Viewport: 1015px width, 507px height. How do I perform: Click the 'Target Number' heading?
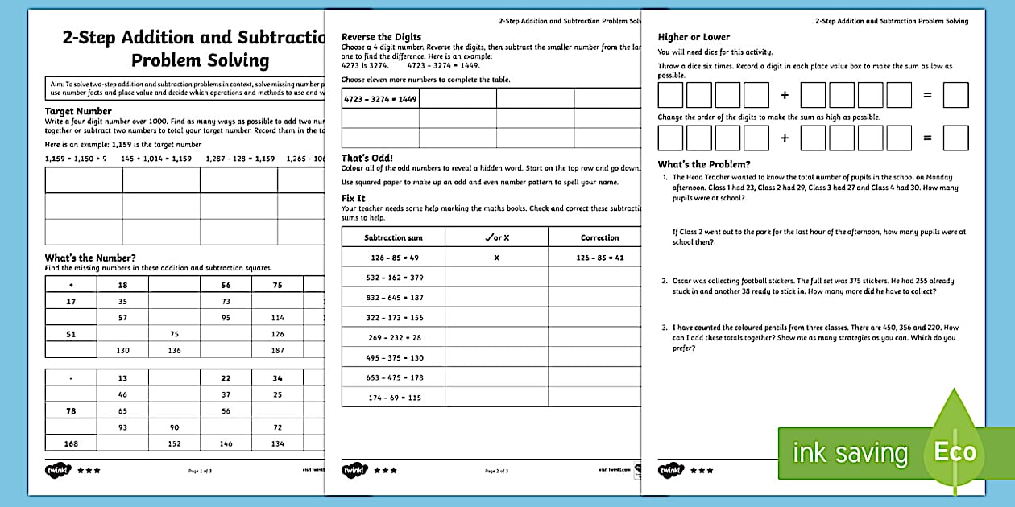pyautogui.click(x=78, y=111)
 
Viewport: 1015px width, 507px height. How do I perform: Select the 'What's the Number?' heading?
pyautogui.click(x=90, y=258)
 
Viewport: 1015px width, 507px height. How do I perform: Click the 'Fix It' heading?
pyautogui.click(x=353, y=197)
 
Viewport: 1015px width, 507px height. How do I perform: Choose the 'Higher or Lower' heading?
pyautogui.click(x=694, y=37)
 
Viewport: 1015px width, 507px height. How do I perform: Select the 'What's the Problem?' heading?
pyautogui.click(x=704, y=165)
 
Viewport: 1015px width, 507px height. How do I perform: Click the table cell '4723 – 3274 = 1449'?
pyautogui.click(x=380, y=98)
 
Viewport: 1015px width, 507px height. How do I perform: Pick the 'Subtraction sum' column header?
pyautogui.click(x=393, y=237)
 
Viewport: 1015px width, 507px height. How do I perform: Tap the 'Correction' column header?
pyautogui.click(x=599, y=237)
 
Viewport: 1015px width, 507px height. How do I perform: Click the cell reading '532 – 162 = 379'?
pyautogui.click(x=393, y=278)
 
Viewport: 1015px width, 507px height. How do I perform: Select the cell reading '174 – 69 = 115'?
pyautogui.click(x=393, y=398)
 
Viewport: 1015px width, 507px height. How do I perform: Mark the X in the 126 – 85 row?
pyautogui.click(x=496, y=258)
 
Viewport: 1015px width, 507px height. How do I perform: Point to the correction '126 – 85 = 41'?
pyautogui.click(x=599, y=258)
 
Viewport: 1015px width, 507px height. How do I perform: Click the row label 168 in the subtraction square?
pyautogui.click(x=71, y=443)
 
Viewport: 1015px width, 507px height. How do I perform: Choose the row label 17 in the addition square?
pyautogui.click(x=71, y=302)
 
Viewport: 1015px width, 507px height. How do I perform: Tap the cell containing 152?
pyautogui.click(x=174, y=443)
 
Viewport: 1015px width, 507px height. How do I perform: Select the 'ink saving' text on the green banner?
pyautogui.click(x=850, y=453)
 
